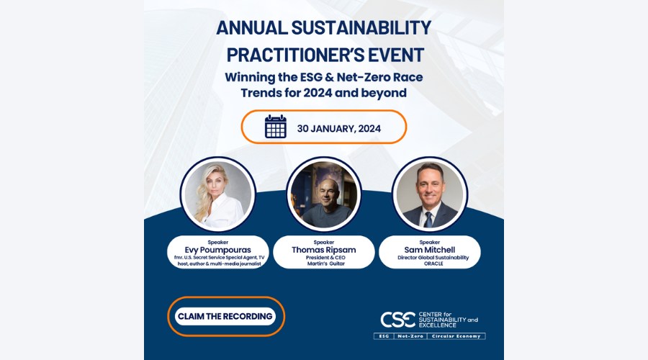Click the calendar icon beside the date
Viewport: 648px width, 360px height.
tap(276, 127)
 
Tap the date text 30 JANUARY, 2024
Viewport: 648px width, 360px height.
tap(339, 129)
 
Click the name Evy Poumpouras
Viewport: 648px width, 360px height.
tap(217, 250)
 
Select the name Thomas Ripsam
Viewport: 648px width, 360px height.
tap(323, 250)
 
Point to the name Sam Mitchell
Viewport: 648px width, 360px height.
tap(430, 250)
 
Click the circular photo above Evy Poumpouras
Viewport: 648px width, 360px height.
tap(217, 194)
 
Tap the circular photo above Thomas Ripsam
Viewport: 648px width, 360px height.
tap(324, 194)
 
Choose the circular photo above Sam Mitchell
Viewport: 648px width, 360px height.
tap(430, 194)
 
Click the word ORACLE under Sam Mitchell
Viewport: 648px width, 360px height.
tap(433, 264)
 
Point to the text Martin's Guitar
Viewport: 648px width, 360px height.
tap(325, 264)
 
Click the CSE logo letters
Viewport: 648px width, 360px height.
tap(397, 320)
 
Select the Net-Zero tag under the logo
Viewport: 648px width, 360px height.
tap(410, 336)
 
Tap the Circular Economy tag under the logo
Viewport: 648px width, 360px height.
tap(456, 336)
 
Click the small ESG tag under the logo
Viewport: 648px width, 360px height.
tap(384, 336)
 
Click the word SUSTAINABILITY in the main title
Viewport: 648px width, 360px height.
tap(361, 28)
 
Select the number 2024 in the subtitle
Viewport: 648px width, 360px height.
tap(318, 93)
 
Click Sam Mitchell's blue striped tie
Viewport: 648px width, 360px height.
tap(428, 220)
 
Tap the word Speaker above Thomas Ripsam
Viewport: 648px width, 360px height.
tap(323, 242)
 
